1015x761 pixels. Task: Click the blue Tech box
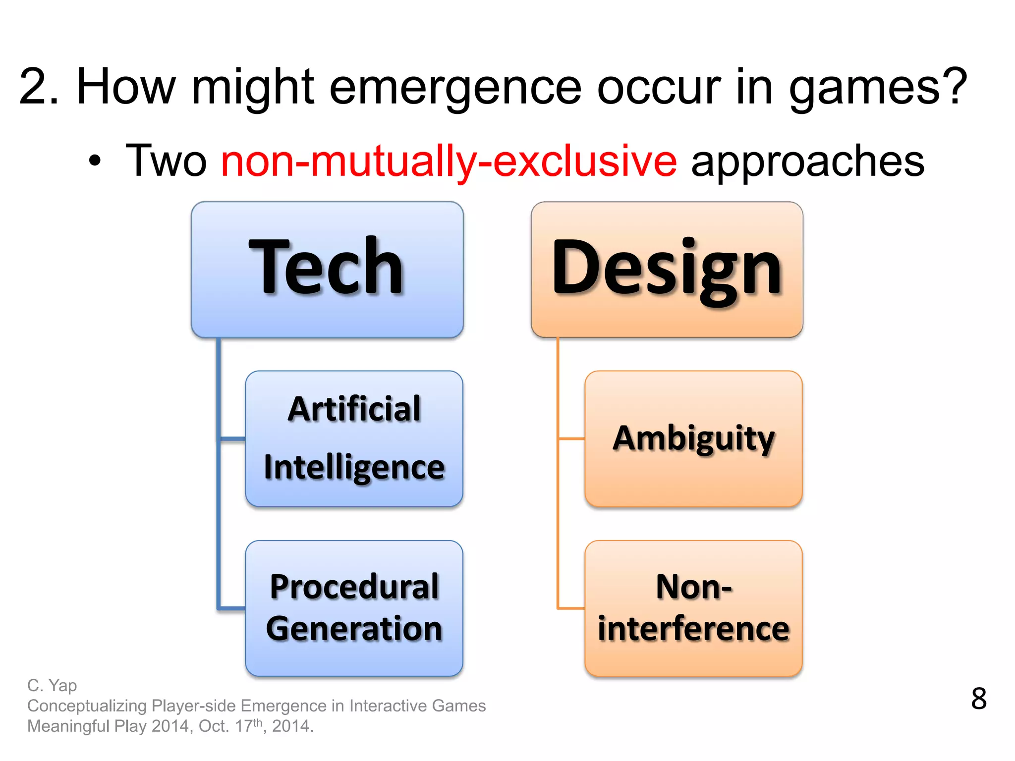[327, 270]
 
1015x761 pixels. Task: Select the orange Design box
[667, 270]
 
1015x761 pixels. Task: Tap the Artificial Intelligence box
[354, 438]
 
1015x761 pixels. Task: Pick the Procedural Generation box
[354, 608]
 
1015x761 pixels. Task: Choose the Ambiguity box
[693, 438]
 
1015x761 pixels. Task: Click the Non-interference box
[693, 608]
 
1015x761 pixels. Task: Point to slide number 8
[978, 699]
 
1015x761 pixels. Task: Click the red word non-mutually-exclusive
[449, 161]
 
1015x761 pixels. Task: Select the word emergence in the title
[455, 88]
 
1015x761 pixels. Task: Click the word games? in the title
[878, 88]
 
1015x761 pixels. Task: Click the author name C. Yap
[52, 685]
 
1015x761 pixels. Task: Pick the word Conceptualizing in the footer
[87, 706]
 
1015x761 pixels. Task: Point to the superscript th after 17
[257, 722]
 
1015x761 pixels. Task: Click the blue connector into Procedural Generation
[232, 607]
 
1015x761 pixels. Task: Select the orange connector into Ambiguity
[571, 438]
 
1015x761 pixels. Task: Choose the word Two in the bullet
[166, 161]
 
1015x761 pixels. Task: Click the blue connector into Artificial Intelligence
[232, 438]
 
